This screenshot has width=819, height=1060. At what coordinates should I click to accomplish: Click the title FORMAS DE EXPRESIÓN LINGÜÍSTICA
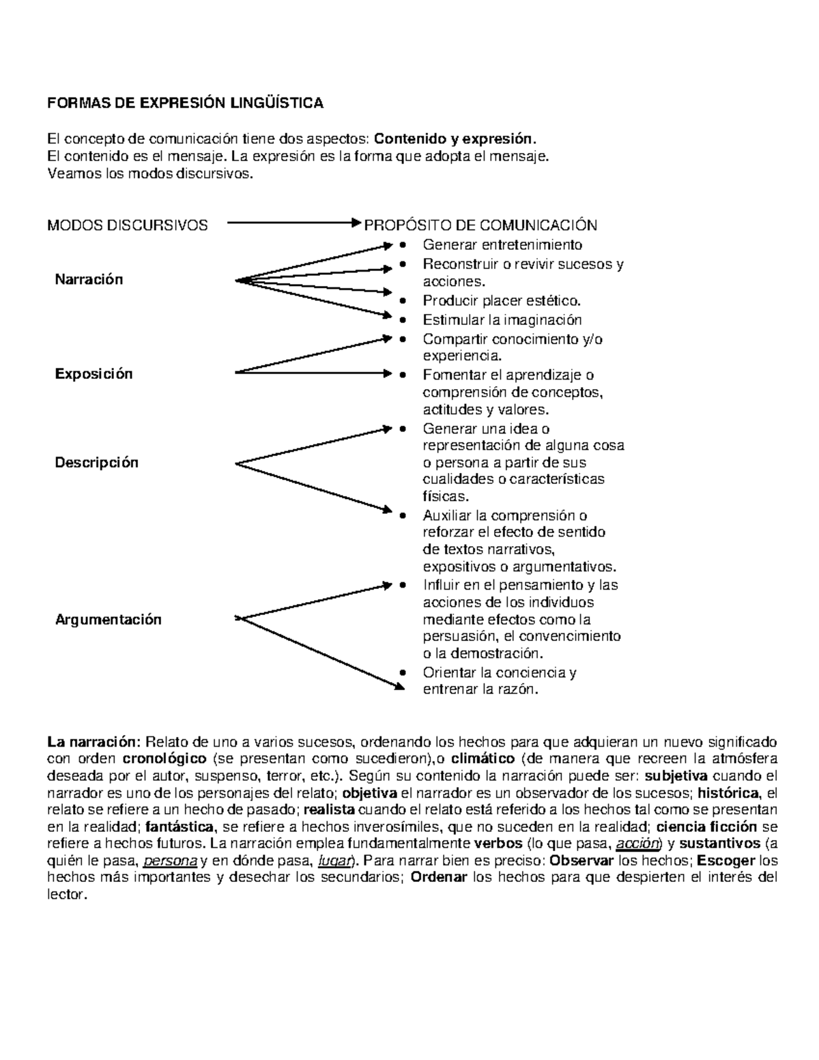pyautogui.click(x=184, y=103)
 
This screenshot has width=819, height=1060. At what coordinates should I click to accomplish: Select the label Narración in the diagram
pyautogui.click(x=89, y=279)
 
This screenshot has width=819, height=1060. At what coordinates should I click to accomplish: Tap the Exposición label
pyautogui.click(x=94, y=373)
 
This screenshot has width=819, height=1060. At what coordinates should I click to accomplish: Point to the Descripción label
pyautogui.click(x=96, y=462)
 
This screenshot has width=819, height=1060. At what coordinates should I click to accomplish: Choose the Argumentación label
pyautogui.click(x=108, y=619)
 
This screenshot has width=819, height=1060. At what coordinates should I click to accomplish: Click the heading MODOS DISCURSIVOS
pyautogui.click(x=127, y=225)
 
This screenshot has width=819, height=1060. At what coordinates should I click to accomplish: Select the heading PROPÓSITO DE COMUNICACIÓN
pyautogui.click(x=480, y=225)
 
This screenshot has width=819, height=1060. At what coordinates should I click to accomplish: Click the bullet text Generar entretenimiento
pyautogui.click(x=502, y=244)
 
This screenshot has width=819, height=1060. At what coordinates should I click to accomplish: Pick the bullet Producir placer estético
pyautogui.click(x=502, y=300)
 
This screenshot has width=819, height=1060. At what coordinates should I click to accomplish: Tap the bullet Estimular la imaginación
pyautogui.click(x=502, y=319)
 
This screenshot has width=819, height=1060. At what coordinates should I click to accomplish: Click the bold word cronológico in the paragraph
pyautogui.click(x=164, y=758)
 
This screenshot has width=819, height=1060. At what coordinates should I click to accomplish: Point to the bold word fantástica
pyautogui.click(x=180, y=827)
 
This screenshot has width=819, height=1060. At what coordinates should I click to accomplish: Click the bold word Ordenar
pyautogui.click(x=440, y=878)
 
